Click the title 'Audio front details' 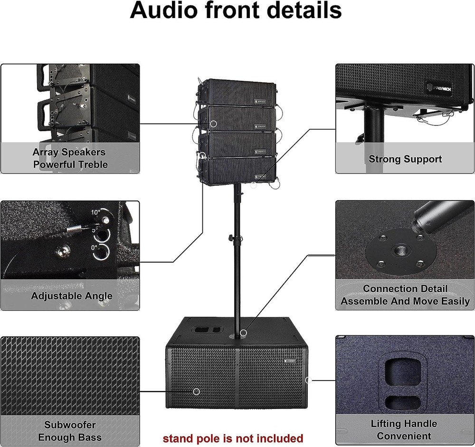point(236,10)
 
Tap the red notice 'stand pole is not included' point(233,438)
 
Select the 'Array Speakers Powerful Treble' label point(70,158)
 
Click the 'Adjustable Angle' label point(72,296)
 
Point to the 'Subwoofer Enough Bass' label point(70,431)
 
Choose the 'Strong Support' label point(405,159)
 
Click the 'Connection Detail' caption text point(405,288)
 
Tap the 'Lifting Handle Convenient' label point(404,430)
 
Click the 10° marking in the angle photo point(95,212)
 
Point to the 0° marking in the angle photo point(95,248)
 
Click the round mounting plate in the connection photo point(401,252)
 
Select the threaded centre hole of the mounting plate point(400,251)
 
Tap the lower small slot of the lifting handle point(403,402)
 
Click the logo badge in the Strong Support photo point(439,88)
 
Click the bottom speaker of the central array point(238,171)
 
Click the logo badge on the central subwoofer point(290,361)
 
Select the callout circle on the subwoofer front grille point(196,391)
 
